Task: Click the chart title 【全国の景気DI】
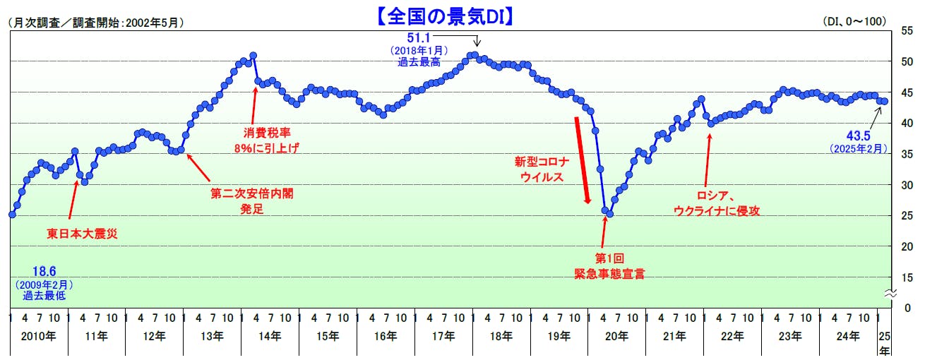pos(443,16)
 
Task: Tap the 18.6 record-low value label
pos(44,270)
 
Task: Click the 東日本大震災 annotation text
pos(82,233)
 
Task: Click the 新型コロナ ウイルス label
pos(542,169)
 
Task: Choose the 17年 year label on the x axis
pos(444,335)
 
